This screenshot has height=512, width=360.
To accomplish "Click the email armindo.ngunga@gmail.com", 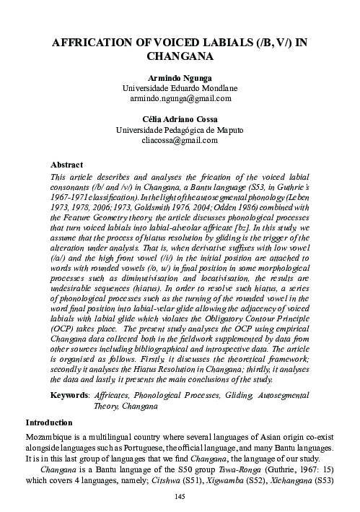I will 180,97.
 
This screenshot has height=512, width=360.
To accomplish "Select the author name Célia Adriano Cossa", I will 180,119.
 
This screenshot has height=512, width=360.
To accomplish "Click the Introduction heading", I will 52,422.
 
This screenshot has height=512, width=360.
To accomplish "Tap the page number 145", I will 180,496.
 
